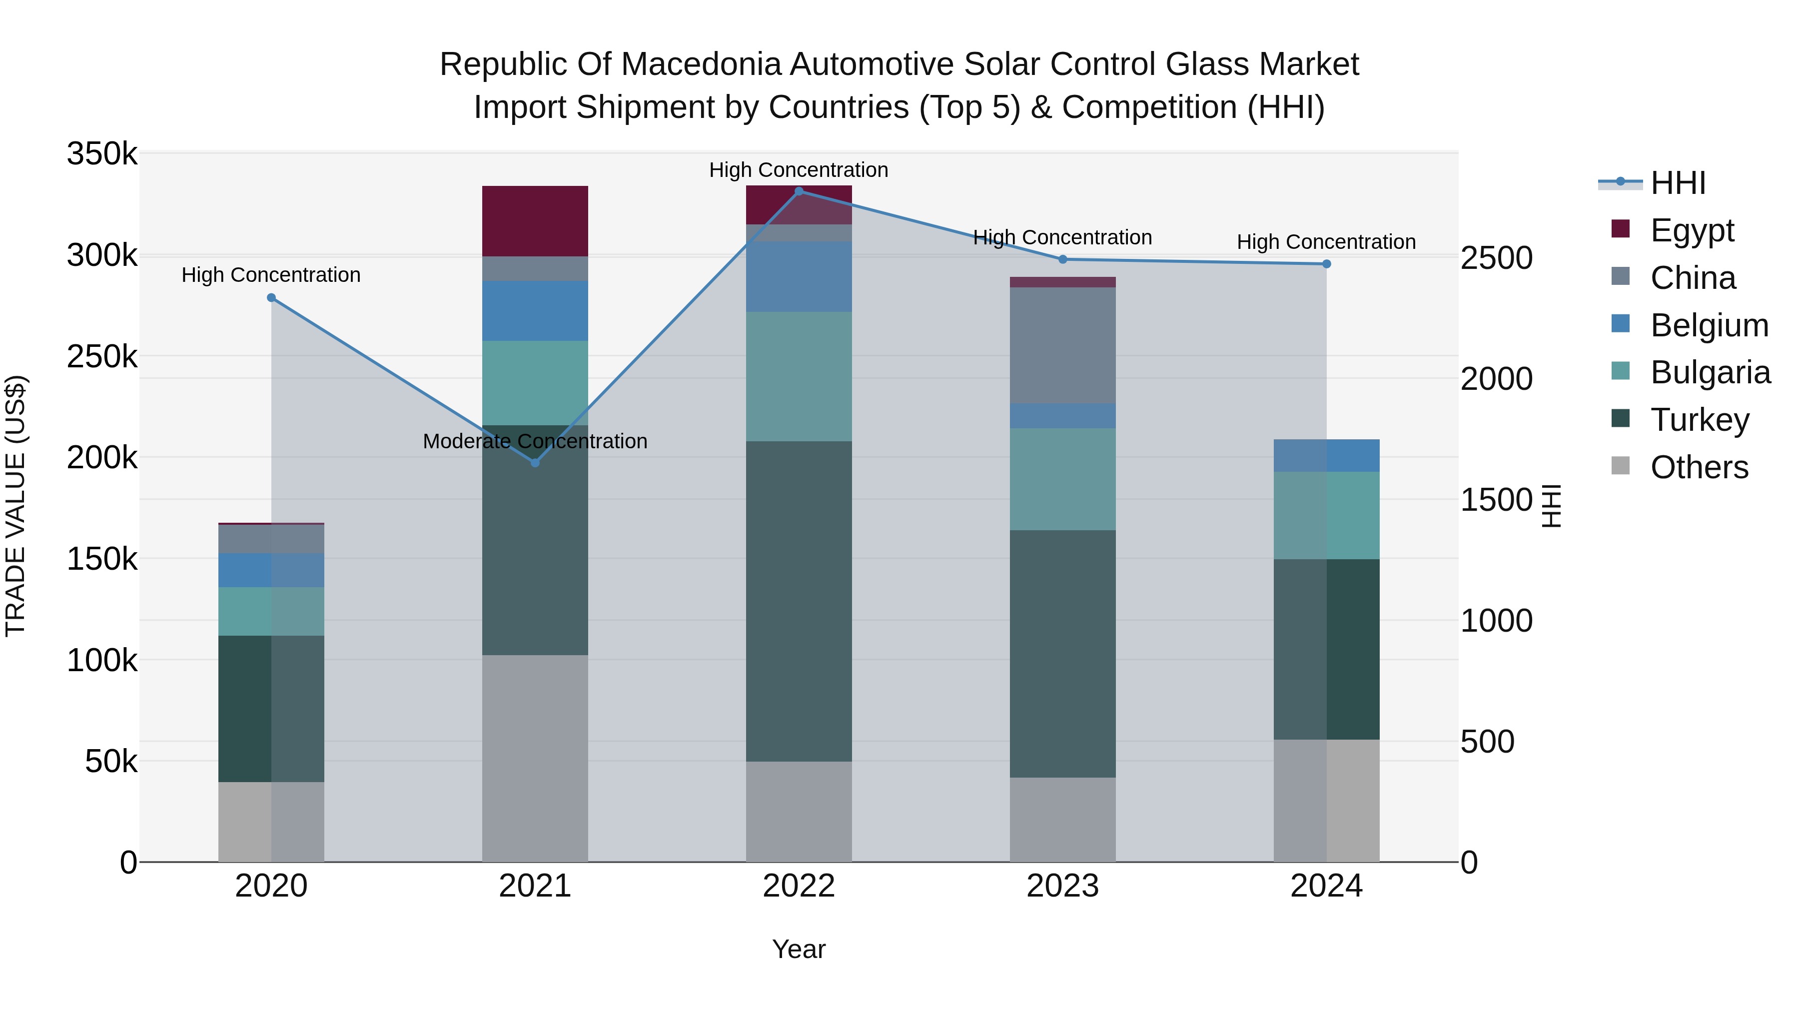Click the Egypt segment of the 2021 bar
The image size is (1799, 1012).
535,221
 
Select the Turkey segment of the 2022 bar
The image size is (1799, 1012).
799,601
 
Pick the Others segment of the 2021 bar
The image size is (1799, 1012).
535,758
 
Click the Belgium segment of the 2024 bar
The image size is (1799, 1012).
1326,455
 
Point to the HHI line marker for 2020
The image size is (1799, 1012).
272,297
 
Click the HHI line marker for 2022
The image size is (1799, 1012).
799,191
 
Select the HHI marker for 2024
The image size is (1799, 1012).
1326,264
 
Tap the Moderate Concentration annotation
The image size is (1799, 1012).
535,441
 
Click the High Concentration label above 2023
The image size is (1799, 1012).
1062,237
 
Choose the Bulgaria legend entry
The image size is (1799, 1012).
1710,372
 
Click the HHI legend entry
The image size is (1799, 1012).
1678,183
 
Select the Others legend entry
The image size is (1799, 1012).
1699,467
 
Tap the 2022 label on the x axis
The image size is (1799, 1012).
799,886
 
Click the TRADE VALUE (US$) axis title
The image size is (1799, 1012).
15,506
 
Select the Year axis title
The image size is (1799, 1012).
799,949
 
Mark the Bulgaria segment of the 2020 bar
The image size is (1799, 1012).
272,611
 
